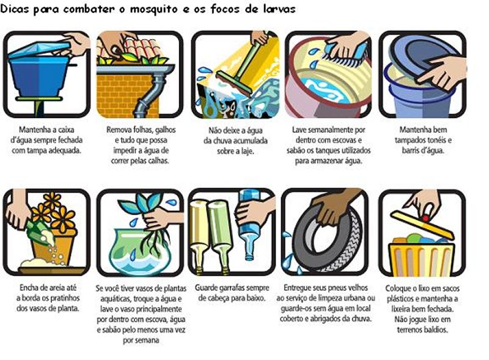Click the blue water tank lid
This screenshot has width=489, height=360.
click(x=40, y=50)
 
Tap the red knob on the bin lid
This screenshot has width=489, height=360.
click(x=425, y=218)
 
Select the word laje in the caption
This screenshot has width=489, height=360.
click(x=247, y=152)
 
